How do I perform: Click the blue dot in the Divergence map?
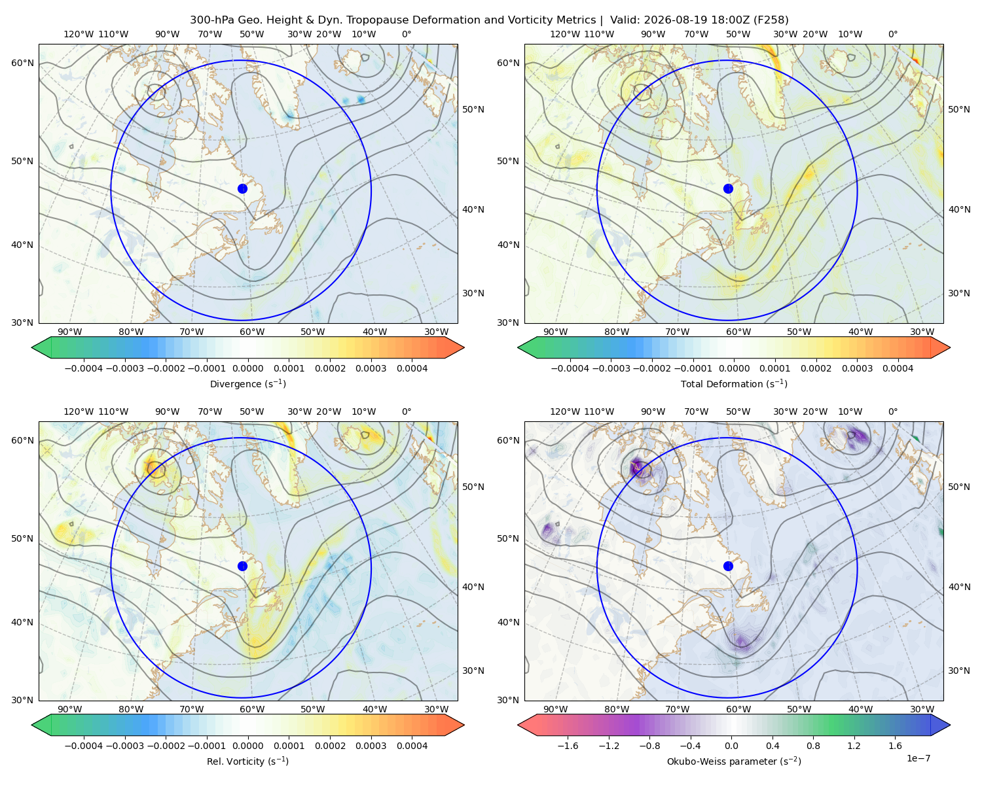(x=242, y=188)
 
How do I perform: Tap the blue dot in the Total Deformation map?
(x=728, y=188)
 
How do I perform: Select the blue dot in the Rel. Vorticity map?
(x=242, y=566)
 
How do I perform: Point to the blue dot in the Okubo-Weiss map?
(x=728, y=566)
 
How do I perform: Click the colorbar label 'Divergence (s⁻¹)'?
(x=247, y=383)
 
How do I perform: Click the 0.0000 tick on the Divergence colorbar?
(x=247, y=368)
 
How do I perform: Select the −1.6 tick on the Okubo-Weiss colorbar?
(x=568, y=745)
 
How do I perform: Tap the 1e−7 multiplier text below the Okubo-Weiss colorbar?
(x=918, y=758)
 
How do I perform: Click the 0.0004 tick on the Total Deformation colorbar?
(x=898, y=368)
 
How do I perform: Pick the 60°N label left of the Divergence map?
(x=22, y=63)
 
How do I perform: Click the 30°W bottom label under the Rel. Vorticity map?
(x=436, y=709)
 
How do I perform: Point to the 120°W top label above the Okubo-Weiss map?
(x=564, y=411)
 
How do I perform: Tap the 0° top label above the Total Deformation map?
(x=892, y=34)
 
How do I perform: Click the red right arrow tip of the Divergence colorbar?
(x=464, y=347)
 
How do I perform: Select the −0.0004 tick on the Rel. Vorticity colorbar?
(x=84, y=745)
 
